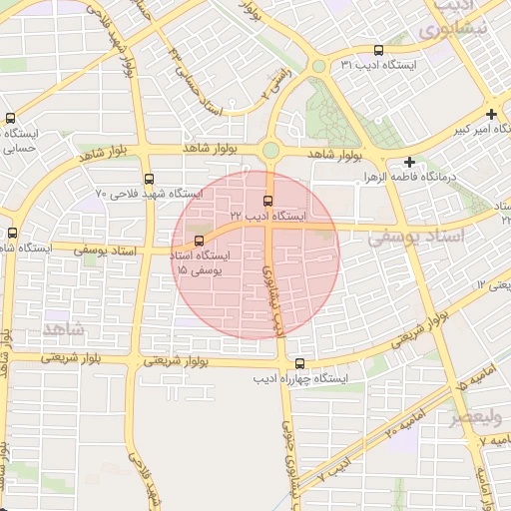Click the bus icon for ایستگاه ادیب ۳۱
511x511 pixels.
click(x=378, y=50)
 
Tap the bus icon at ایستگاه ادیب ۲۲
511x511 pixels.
click(x=267, y=201)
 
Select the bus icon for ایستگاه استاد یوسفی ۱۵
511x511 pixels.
click(x=200, y=241)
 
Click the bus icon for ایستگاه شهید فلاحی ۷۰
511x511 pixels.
click(x=149, y=179)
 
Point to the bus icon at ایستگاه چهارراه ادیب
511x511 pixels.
click(x=300, y=364)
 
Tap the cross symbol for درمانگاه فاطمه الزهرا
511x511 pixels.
click(x=409, y=162)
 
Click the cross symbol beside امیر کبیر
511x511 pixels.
click(x=491, y=114)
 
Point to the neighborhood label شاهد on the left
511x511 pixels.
click(x=66, y=328)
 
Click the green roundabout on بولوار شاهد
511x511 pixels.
click(x=270, y=151)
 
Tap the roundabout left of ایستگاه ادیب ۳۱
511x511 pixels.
click(x=318, y=66)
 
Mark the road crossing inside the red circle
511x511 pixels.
click(x=271, y=229)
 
